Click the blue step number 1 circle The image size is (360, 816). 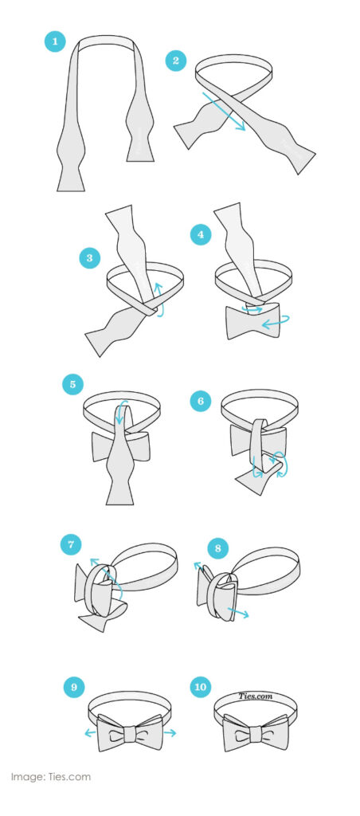click(x=55, y=41)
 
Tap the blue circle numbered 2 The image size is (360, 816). click(x=176, y=61)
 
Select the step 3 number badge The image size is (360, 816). click(x=89, y=257)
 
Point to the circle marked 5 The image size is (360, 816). click(x=72, y=385)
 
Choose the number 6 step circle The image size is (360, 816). click(x=200, y=401)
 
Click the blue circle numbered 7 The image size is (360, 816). click(x=71, y=545)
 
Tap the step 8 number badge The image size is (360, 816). click(x=218, y=548)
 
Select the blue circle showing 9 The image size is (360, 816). click(x=74, y=687)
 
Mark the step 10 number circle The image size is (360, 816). click(x=200, y=687)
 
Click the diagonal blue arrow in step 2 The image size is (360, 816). click(x=224, y=112)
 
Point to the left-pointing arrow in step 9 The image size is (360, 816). click(x=91, y=733)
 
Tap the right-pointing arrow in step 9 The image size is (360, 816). click(x=170, y=733)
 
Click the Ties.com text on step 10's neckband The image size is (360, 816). click(x=256, y=696)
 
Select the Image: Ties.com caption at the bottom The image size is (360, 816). click(x=50, y=777)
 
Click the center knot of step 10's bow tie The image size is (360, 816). click(x=255, y=734)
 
